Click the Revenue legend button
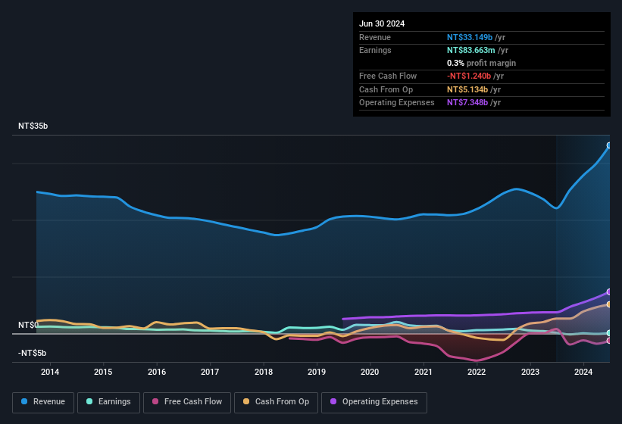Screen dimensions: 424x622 pos(43,402)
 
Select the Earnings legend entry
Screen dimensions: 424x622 pos(108,402)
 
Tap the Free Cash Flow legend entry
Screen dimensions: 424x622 pos(187,402)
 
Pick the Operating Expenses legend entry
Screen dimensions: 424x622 pos(374,402)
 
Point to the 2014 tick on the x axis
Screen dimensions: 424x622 pos(50,372)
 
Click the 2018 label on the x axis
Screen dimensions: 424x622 pos(264,372)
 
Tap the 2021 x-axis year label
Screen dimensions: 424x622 pos(424,372)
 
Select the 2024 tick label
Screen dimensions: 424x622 pos(583,372)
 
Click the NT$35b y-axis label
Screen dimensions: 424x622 pos(33,126)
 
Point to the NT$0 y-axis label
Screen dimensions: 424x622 pos(28,325)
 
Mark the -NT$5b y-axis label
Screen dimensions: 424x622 pos(32,354)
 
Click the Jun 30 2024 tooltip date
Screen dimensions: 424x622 pos(382,23)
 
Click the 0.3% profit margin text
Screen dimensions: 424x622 pos(482,63)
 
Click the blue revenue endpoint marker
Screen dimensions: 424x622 pos(609,145)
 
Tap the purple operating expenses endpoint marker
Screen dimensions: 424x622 pos(609,291)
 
